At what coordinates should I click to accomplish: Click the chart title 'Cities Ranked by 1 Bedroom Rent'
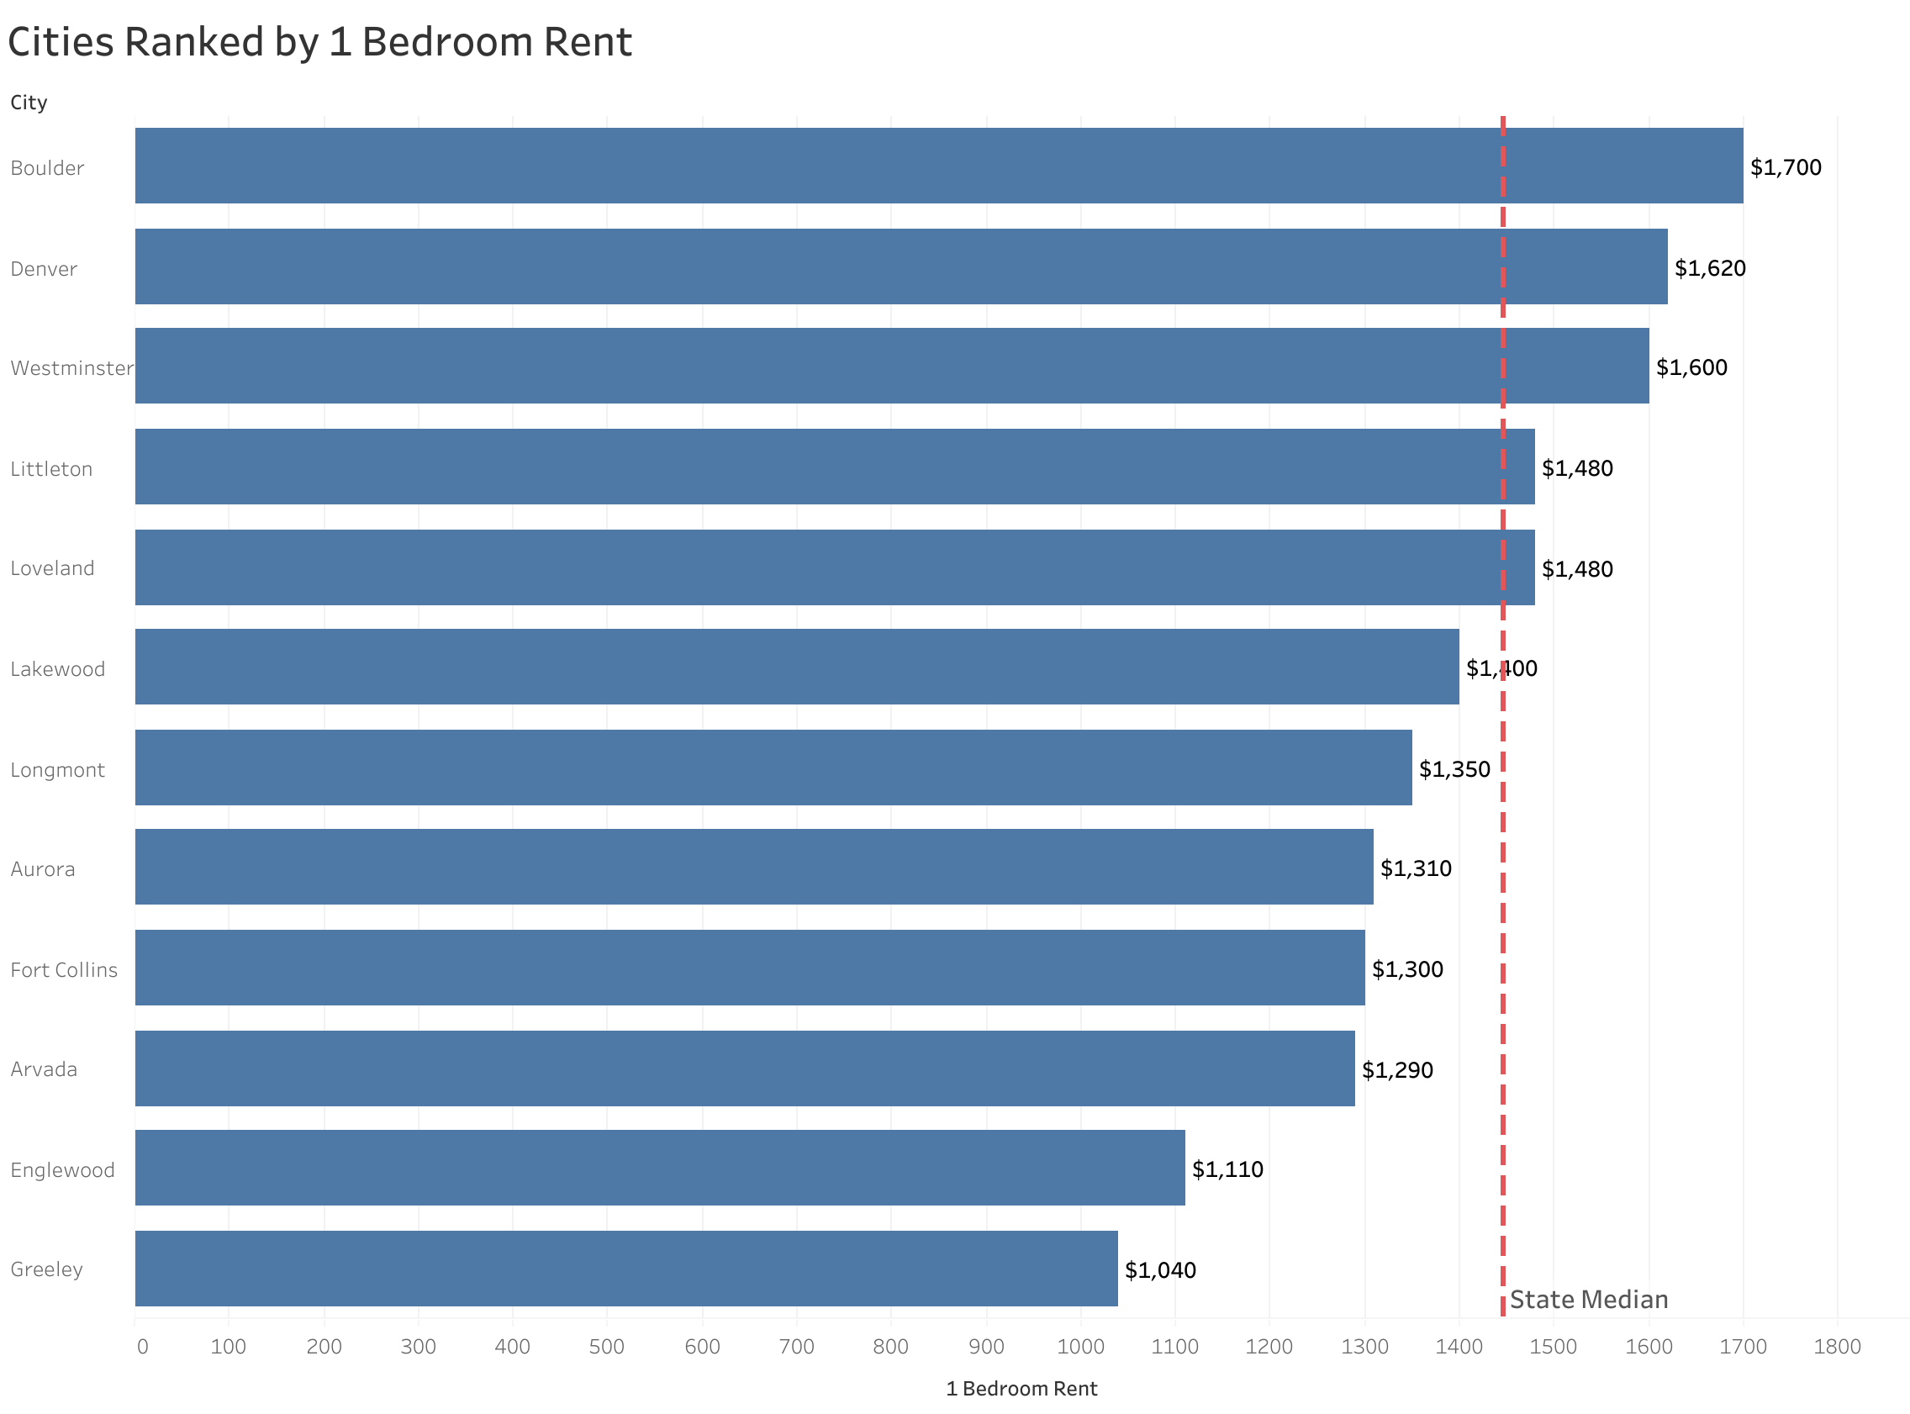319,43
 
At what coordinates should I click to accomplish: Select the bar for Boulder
938,166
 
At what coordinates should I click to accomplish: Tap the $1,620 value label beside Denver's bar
1709,269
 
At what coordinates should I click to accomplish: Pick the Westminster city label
72,369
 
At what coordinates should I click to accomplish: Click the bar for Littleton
834,467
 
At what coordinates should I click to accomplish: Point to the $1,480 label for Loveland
1576,569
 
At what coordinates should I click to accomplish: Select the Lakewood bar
796,667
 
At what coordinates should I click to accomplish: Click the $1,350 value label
1454,769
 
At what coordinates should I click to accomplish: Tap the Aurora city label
43,869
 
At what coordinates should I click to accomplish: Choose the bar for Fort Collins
749,968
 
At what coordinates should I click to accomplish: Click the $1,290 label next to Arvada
1396,1070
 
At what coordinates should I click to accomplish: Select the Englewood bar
659,1169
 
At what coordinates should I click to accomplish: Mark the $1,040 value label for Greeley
1159,1270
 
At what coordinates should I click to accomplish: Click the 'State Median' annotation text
1588,1301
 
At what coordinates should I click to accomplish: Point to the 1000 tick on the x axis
1080,1348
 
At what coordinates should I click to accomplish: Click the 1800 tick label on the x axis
1836,1348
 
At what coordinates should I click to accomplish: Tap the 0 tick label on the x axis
142,1348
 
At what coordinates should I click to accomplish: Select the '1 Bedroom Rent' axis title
1021,1389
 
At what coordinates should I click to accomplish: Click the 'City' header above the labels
29,103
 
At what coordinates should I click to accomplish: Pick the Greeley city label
46,1269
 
